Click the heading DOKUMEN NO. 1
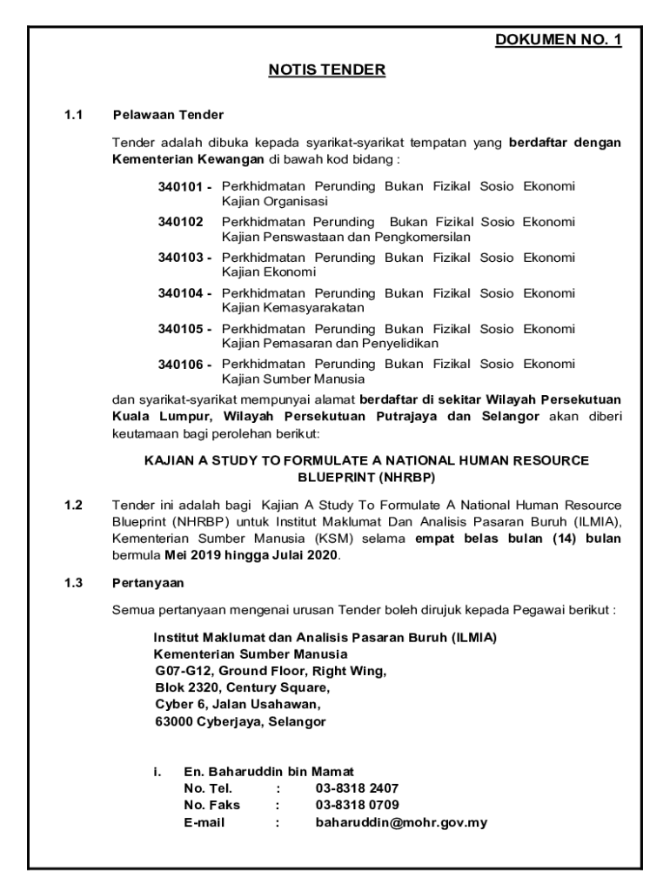click(558, 40)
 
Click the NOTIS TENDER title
click(326, 70)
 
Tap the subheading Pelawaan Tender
click(168, 115)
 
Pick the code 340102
click(179, 222)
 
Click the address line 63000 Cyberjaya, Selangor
click(239, 722)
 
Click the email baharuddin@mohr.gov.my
click(401, 821)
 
